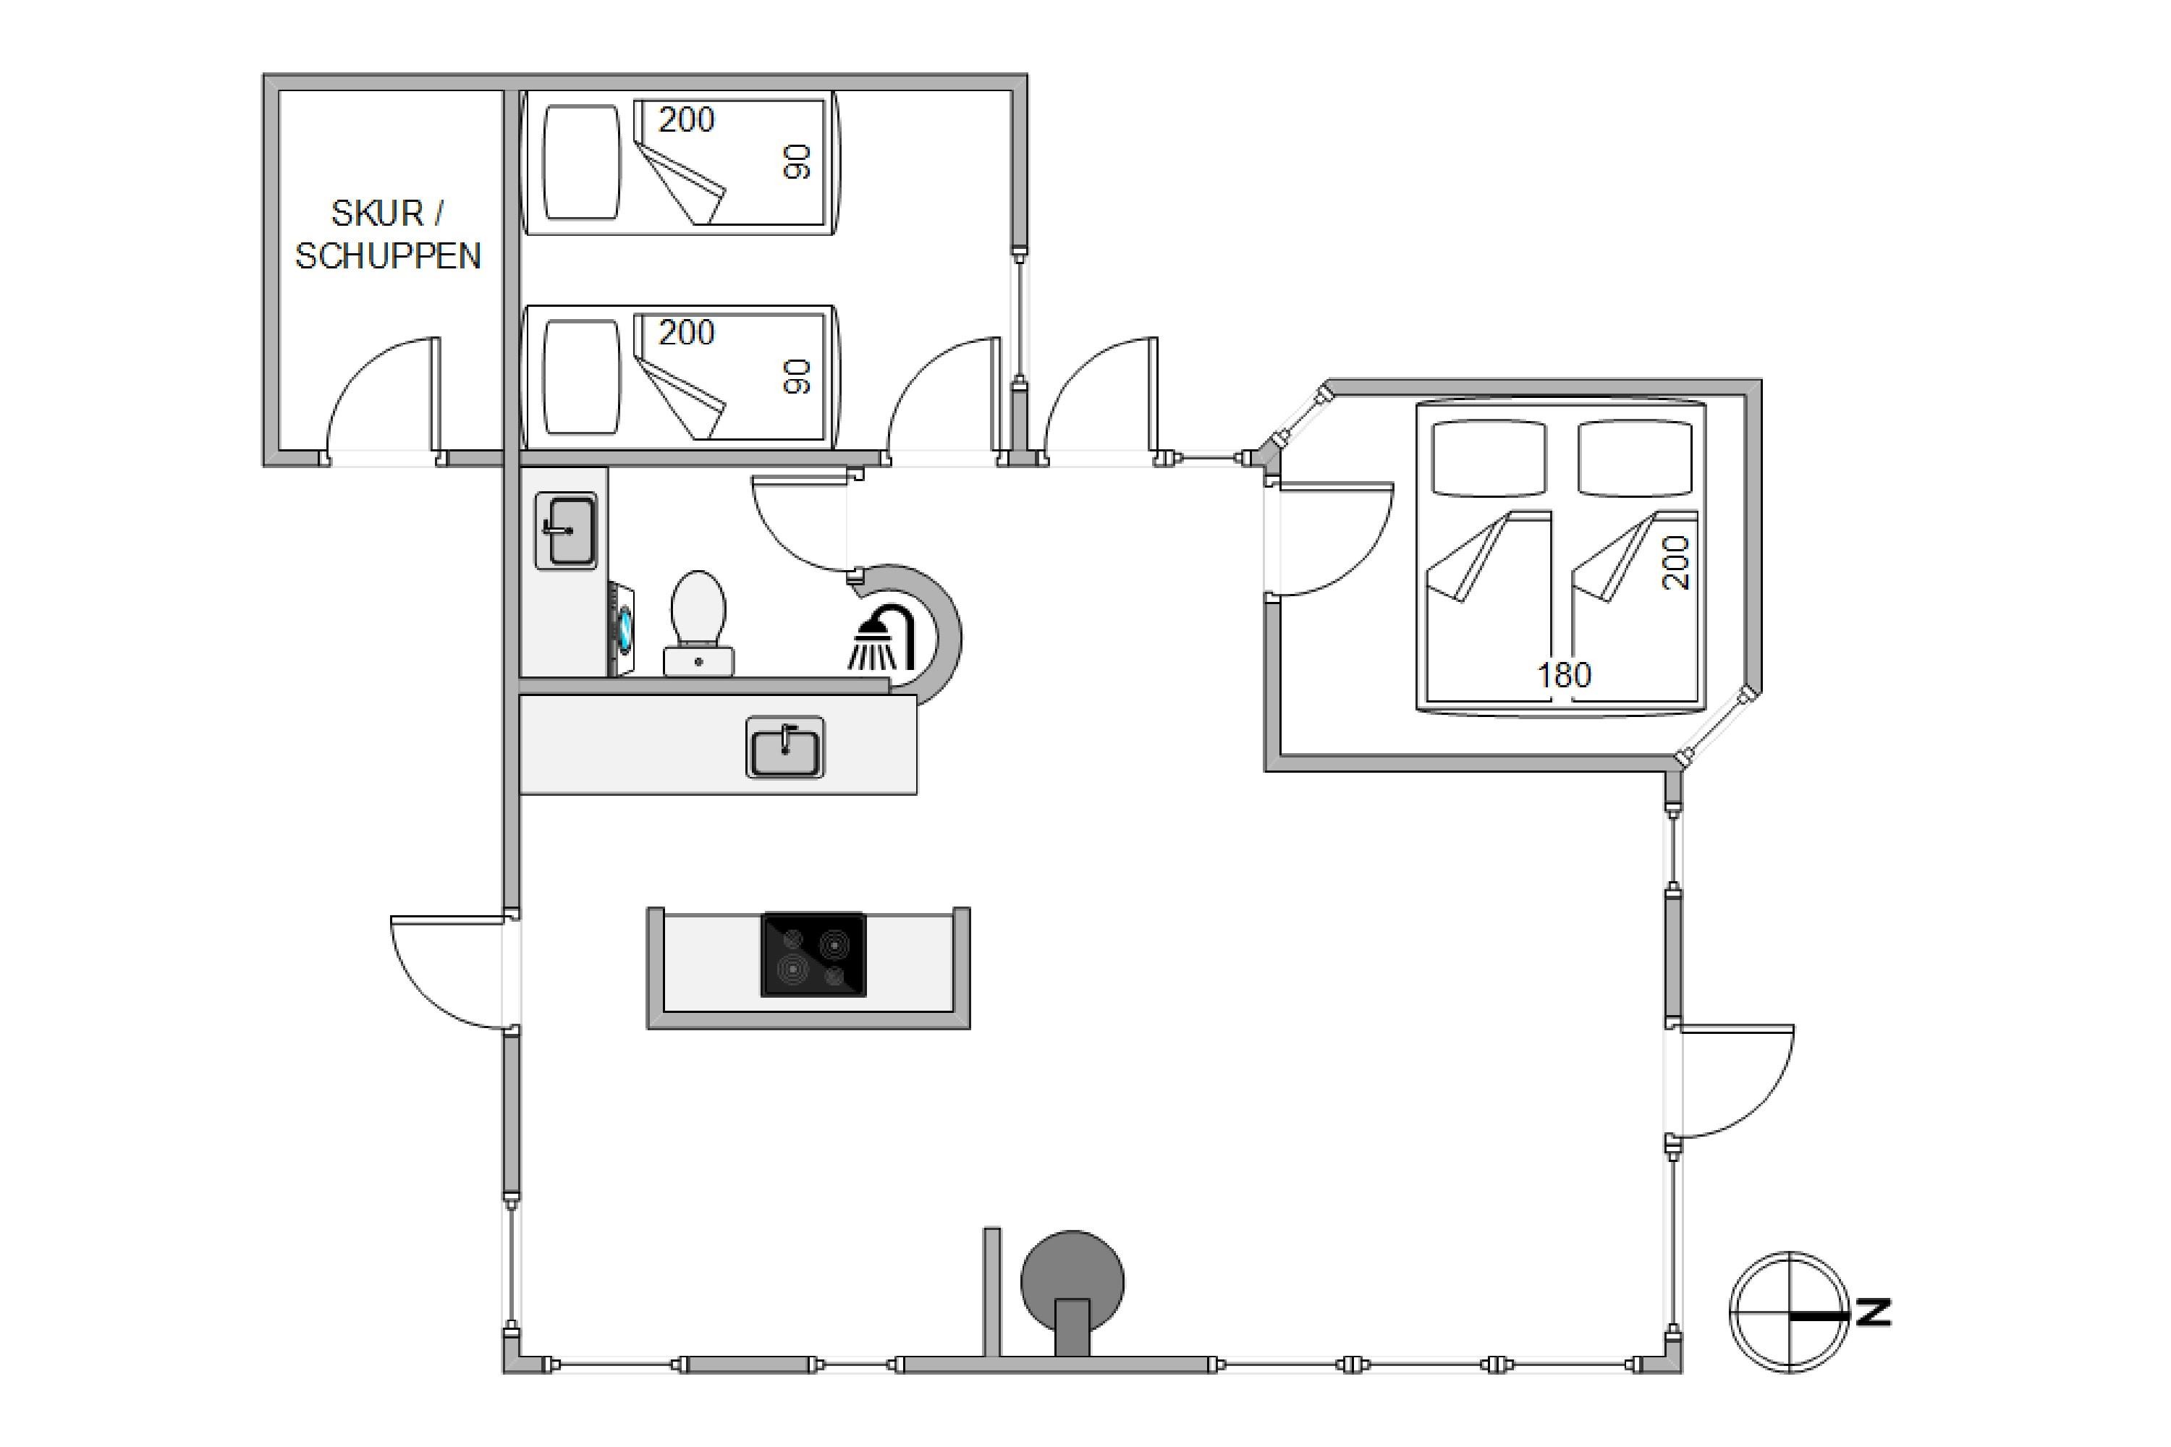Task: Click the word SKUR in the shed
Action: click(x=376, y=214)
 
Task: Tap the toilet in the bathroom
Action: click(x=699, y=623)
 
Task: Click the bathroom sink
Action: click(x=566, y=530)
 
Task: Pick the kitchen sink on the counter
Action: click(x=784, y=747)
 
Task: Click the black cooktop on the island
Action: click(x=813, y=955)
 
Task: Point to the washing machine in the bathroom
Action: click(x=620, y=629)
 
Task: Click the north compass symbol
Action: click(x=1789, y=1311)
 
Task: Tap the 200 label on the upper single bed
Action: click(x=686, y=120)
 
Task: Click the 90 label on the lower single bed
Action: click(x=797, y=376)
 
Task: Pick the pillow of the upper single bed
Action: click(x=580, y=162)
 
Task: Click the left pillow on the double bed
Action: click(x=1488, y=459)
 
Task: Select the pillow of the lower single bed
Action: click(x=580, y=376)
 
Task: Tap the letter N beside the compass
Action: click(x=1874, y=1311)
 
